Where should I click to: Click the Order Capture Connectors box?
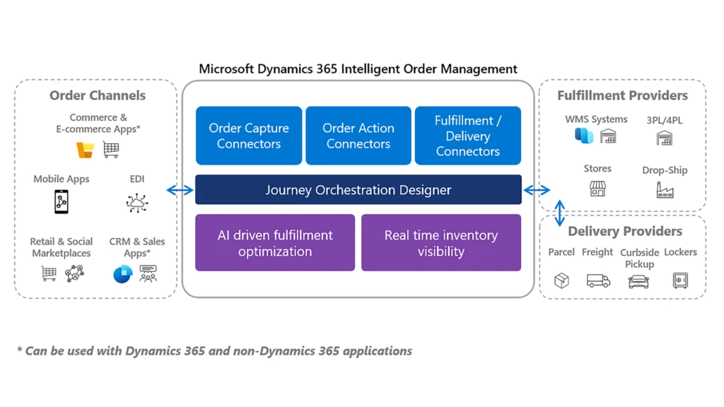click(249, 136)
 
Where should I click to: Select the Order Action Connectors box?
click(358, 136)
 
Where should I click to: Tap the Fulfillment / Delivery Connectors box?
click(468, 136)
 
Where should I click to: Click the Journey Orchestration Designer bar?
click(358, 190)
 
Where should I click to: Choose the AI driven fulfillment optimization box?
click(275, 243)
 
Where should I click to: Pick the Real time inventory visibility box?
click(441, 243)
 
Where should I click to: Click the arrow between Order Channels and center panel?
click(180, 190)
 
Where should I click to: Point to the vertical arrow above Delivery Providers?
click(559, 213)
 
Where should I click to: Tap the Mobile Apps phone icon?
click(62, 202)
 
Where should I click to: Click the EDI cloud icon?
click(137, 203)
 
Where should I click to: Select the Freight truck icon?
click(598, 281)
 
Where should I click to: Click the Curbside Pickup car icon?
click(638, 281)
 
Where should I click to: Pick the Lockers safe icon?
click(680, 281)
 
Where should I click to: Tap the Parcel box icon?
click(561, 281)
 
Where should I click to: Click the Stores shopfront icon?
click(597, 189)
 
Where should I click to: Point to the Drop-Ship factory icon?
click(665, 189)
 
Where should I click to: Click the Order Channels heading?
click(98, 95)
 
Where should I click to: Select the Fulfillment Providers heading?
click(622, 95)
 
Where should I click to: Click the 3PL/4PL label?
click(665, 120)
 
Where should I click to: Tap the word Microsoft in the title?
click(226, 69)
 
